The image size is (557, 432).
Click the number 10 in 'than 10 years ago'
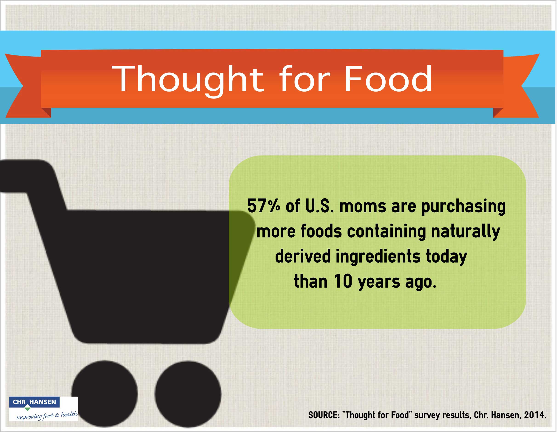(x=343, y=282)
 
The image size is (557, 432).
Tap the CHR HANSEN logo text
(x=34, y=402)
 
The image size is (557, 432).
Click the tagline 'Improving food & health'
(x=47, y=416)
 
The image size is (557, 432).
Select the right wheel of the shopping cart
(x=188, y=394)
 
